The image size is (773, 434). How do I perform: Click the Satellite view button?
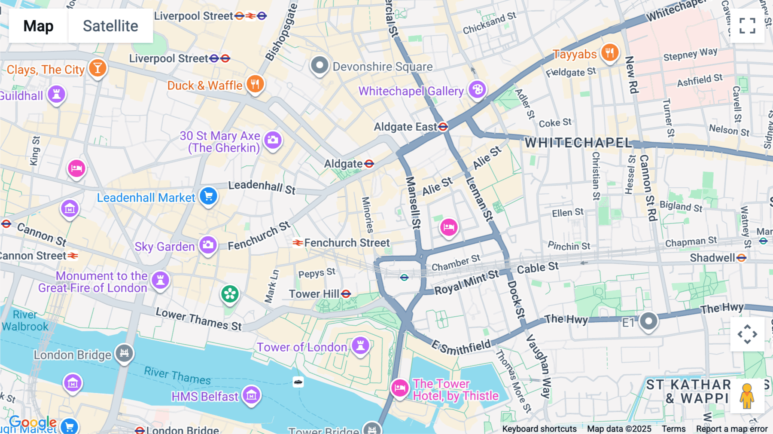pyautogui.click(x=110, y=26)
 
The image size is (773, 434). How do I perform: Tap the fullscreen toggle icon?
pyautogui.click(x=747, y=26)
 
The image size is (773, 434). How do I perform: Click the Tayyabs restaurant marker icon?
pyautogui.click(x=609, y=53)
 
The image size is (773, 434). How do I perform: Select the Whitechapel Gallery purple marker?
pyautogui.click(x=477, y=90)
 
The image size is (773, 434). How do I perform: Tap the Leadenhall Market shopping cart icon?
pyautogui.click(x=209, y=196)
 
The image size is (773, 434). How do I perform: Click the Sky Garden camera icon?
pyautogui.click(x=208, y=245)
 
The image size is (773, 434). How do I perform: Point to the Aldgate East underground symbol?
pyautogui.click(x=443, y=127)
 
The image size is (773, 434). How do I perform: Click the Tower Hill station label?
pyautogui.click(x=314, y=294)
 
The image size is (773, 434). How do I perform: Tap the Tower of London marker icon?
pyautogui.click(x=360, y=345)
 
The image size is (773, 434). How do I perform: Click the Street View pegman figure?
pyautogui.click(x=747, y=396)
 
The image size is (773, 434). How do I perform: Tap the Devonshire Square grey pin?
pyautogui.click(x=320, y=66)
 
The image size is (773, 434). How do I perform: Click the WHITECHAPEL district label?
pyautogui.click(x=578, y=143)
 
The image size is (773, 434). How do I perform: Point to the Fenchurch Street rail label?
pyautogui.click(x=347, y=243)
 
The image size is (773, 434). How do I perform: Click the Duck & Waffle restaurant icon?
pyautogui.click(x=255, y=84)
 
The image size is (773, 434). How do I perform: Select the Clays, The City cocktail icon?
pyautogui.click(x=97, y=68)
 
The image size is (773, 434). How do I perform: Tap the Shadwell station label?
pyautogui.click(x=712, y=258)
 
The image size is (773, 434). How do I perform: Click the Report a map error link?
pyautogui.click(x=732, y=429)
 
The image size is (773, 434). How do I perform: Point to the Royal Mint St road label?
pyautogui.click(x=466, y=282)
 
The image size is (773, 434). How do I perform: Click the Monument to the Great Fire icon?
pyautogui.click(x=160, y=280)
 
